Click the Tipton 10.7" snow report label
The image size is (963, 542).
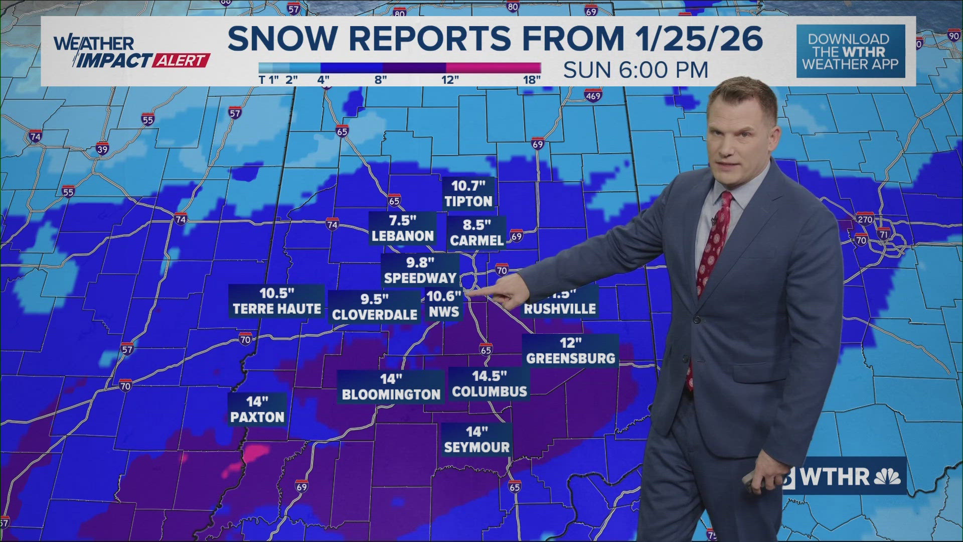click(468, 194)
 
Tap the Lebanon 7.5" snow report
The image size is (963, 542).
click(402, 228)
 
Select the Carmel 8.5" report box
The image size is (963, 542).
click(476, 233)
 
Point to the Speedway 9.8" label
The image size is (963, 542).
click(420, 270)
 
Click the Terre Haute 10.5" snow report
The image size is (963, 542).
click(277, 301)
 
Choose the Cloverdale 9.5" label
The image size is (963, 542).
click(375, 307)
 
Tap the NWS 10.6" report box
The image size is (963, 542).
click(443, 304)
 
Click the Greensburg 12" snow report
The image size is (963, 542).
click(570, 351)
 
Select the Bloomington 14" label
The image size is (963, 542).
click(391, 387)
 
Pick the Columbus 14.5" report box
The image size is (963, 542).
click(489, 384)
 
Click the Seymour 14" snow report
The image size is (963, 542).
click(476, 440)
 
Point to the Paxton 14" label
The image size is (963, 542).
click(257, 410)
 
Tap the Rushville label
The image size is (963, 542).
click(560, 309)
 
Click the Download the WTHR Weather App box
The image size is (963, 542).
click(851, 52)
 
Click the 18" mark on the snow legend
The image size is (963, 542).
click(532, 80)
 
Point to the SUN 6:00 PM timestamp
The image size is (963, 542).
click(635, 70)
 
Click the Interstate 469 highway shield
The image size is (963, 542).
click(592, 95)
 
